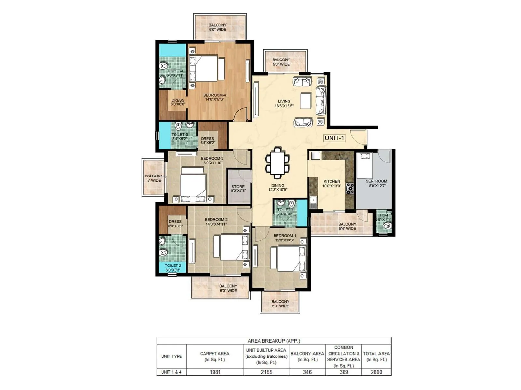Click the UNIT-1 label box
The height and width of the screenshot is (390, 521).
coord(334,138)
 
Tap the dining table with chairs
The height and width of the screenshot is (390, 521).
coord(277,162)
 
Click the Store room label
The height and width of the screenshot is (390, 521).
coord(238,189)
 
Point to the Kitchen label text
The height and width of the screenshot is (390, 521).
coord(331,181)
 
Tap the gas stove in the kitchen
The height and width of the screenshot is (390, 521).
coord(350,188)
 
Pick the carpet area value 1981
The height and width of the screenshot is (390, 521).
coord(215,372)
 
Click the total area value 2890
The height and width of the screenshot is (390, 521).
coord(376,372)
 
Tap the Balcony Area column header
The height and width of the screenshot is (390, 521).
coord(307,356)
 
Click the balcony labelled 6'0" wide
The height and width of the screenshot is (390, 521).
coord(218,27)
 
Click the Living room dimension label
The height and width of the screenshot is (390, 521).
coord(284,106)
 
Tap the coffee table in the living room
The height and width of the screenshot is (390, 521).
coord(305,101)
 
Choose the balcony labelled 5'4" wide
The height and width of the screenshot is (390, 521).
coord(347,226)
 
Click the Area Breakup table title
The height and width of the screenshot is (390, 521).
coord(274,341)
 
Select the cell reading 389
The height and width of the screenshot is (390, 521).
coord(344,372)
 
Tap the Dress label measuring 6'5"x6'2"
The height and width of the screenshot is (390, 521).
coord(207,141)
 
